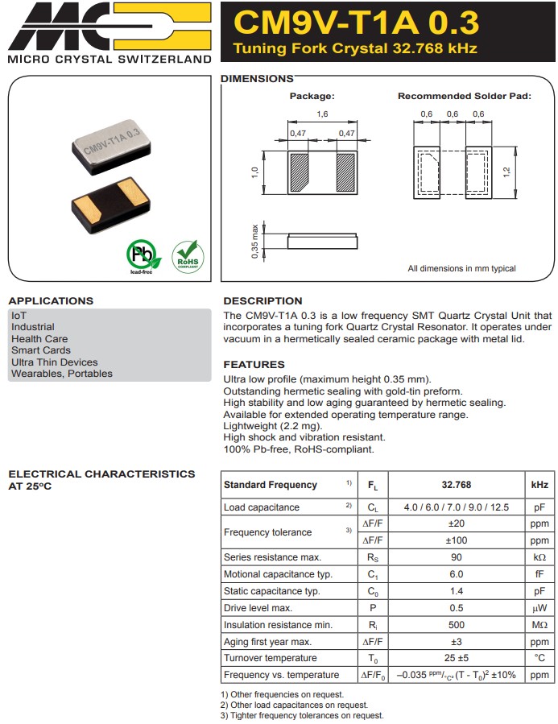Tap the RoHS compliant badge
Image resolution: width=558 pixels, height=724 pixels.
tap(188, 256)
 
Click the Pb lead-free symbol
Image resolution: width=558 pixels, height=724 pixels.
tap(143, 257)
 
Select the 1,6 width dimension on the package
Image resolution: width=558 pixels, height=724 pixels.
tap(322, 114)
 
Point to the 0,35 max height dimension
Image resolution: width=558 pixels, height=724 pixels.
tap(255, 241)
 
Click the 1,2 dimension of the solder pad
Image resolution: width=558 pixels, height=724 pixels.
tap(506, 172)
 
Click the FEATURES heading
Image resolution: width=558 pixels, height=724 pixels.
tap(254, 365)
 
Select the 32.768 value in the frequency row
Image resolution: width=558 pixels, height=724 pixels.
tap(456, 485)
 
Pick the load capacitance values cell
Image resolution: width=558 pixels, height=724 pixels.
tap(456, 507)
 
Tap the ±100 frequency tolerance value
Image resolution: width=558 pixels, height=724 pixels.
tap(456, 540)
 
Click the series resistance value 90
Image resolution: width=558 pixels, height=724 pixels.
tap(456, 557)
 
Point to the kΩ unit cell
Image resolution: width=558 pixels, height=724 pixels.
tap(539, 557)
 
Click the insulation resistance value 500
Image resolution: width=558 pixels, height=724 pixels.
tap(456, 625)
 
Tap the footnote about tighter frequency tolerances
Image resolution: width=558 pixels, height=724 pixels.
tap(302, 715)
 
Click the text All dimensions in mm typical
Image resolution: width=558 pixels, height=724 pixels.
tap(461, 268)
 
